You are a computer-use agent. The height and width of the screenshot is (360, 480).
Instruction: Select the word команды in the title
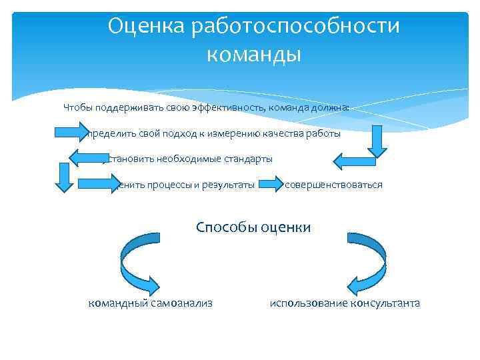click(x=254, y=54)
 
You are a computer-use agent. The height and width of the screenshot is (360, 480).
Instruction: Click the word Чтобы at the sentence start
click(x=78, y=107)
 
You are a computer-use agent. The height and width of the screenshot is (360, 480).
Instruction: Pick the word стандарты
click(x=243, y=159)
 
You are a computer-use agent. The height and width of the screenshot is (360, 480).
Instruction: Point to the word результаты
click(x=229, y=185)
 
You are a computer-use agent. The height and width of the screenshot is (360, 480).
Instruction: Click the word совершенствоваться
click(x=333, y=185)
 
